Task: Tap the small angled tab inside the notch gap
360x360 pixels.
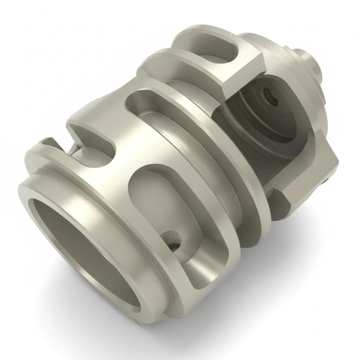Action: [x=76, y=149]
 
